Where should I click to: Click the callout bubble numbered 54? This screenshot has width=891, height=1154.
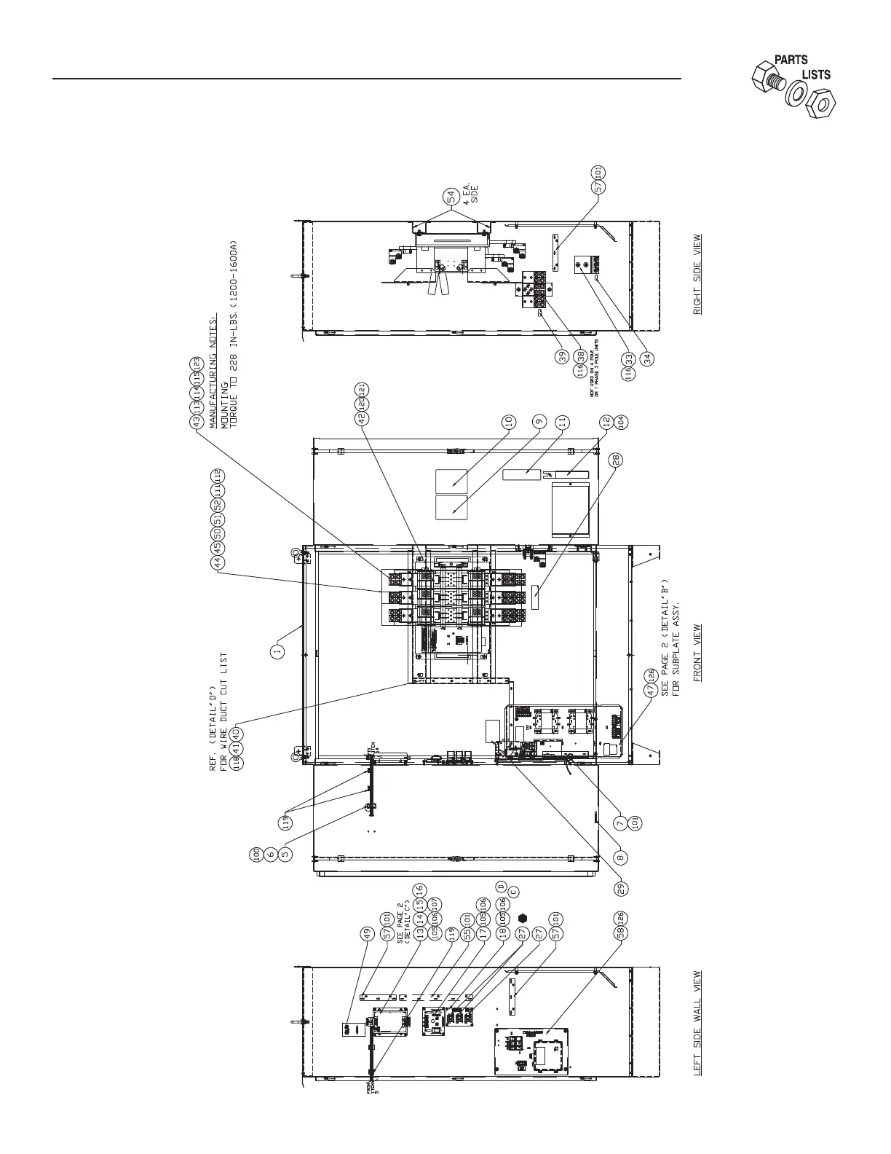coord(452,196)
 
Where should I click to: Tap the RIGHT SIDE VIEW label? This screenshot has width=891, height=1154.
coord(697,274)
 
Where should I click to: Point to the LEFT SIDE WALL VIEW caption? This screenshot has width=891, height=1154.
coord(697,1023)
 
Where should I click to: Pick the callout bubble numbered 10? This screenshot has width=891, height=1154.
coord(509,421)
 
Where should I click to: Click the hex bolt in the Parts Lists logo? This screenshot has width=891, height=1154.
coord(768,76)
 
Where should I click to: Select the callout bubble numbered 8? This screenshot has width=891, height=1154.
coord(622,857)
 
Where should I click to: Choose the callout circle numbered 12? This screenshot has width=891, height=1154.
coord(605,421)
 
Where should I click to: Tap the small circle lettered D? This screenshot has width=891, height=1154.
coord(501,886)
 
